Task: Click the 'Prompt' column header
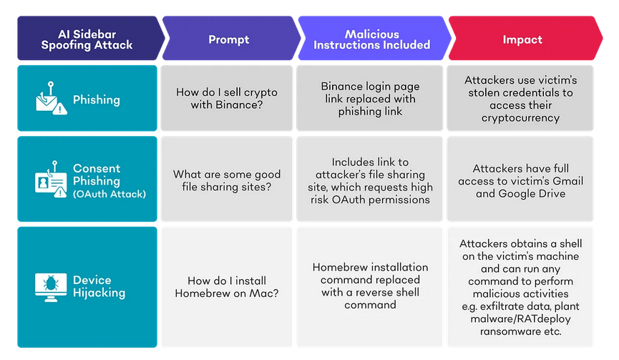[228, 39]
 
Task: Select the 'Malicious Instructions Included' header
[371, 39]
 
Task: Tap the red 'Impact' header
[522, 39]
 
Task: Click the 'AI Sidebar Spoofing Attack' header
[87, 39]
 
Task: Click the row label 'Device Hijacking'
[99, 286]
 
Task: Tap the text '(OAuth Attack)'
[109, 193]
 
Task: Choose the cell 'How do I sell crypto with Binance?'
[227, 98]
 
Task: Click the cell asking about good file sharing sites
[227, 180]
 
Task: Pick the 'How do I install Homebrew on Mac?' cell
[227, 286]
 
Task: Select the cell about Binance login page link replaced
[370, 98]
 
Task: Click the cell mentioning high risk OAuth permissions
[370, 180]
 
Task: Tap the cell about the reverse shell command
[370, 286]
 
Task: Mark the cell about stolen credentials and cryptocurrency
[520, 98]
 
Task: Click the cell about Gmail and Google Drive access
[520, 180]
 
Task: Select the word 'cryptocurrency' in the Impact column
[520, 117]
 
